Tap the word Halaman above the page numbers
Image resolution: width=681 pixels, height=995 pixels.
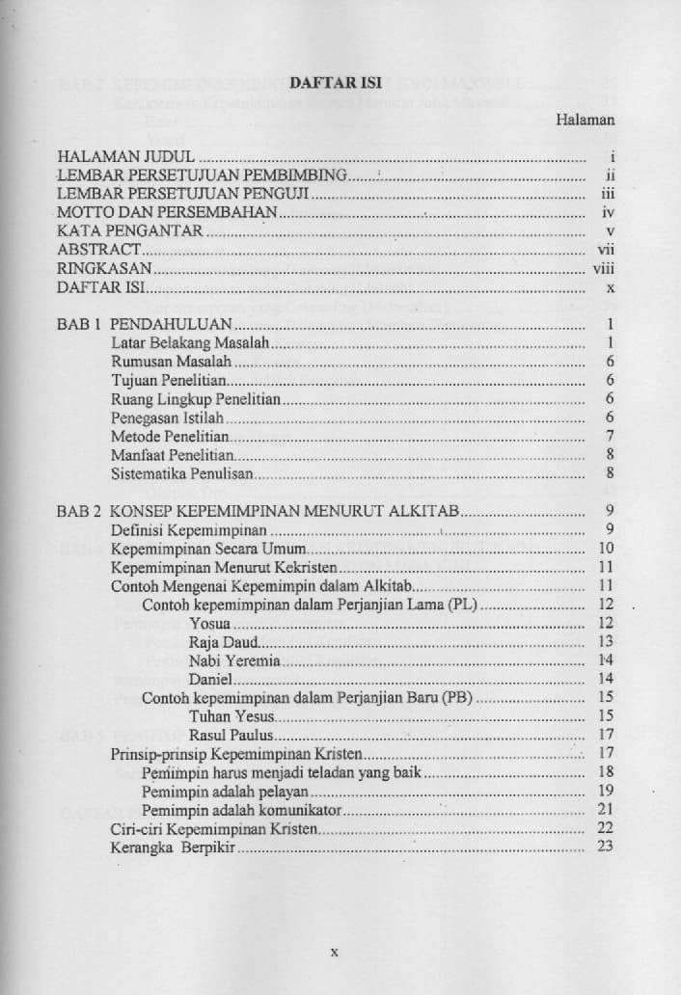tap(585, 121)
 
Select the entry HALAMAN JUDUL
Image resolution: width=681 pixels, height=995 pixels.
tap(125, 155)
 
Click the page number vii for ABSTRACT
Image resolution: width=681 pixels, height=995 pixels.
tap(606, 250)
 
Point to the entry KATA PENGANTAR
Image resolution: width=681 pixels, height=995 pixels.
tap(129, 230)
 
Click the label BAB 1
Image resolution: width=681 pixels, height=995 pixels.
tap(79, 324)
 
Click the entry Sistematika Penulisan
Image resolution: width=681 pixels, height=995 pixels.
tap(182, 474)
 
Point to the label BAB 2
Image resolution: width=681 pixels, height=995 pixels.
tap(79, 511)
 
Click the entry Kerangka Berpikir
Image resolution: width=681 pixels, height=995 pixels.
tap(173, 847)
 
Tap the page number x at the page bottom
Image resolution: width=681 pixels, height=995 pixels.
tap(334, 951)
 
